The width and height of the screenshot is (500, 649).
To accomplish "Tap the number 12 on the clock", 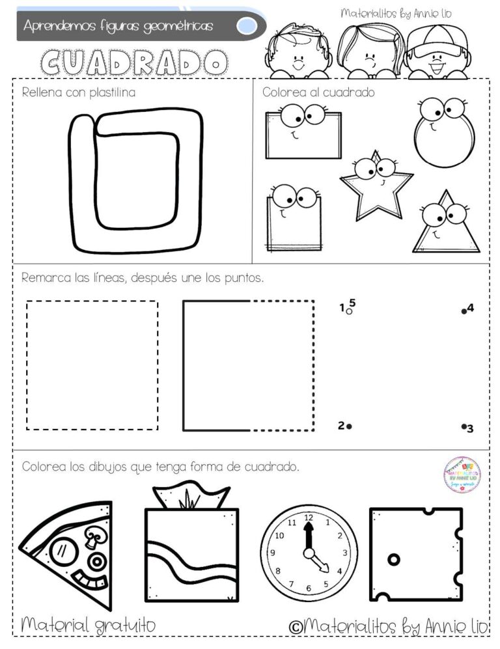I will (309, 518).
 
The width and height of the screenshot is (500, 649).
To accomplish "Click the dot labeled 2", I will (349, 426).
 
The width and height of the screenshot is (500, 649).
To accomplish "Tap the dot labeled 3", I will (463, 427).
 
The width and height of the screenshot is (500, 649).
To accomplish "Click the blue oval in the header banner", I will (246, 26).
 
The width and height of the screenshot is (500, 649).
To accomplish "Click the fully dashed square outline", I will (92, 365).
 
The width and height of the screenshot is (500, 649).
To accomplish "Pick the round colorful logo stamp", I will (462, 475).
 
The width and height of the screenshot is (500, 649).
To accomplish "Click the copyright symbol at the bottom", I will (295, 626).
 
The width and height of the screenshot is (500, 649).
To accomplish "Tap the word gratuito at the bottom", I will (124, 626).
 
